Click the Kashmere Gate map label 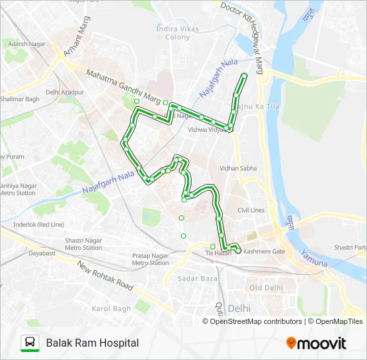(264, 251)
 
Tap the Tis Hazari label (218, 253)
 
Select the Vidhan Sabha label (238, 169)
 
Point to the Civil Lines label (251, 211)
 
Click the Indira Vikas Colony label (173, 33)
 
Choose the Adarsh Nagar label (22, 43)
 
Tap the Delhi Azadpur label (65, 92)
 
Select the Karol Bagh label (110, 309)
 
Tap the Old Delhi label (266, 287)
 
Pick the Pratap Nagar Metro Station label (150, 259)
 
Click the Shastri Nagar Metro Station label (83, 244)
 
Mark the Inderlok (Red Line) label (43, 224)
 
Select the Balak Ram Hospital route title (93, 343)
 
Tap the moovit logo (316, 343)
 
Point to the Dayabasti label (41, 253)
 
